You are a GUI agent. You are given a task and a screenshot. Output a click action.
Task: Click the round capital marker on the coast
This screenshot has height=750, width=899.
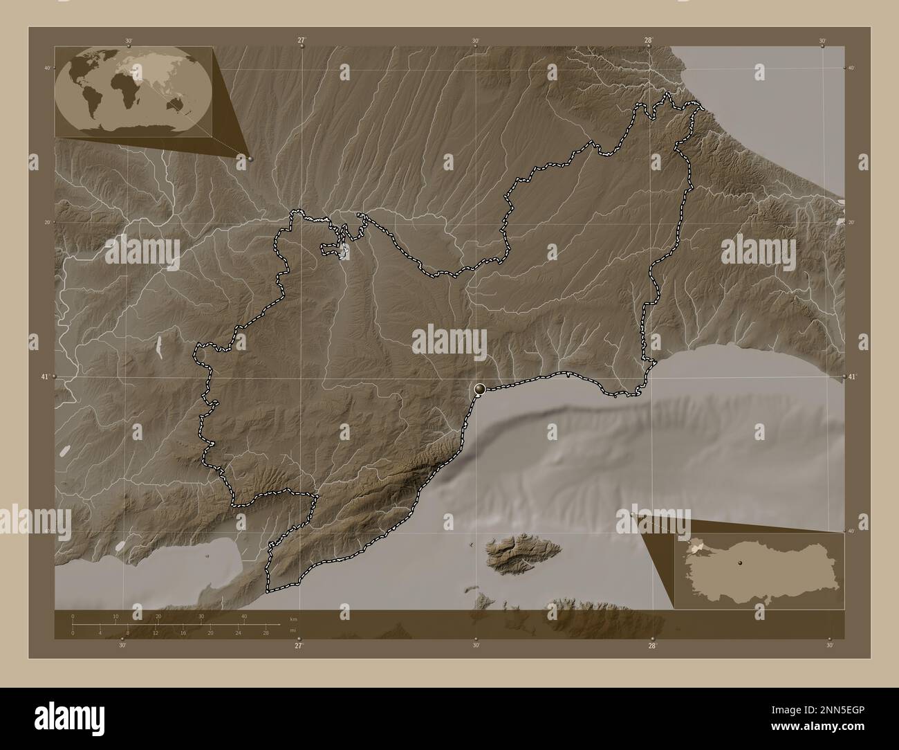pyautogui.click(x=479, y=391)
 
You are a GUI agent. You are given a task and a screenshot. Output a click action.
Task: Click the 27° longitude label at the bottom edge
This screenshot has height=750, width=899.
pyautogui.click(x=299, y=646)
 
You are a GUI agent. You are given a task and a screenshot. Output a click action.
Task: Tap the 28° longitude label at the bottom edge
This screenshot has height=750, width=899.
pyautogui.click(x=652, y=646)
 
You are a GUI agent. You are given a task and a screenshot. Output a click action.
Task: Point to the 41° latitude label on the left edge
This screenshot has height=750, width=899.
pyautogui.click(x=45, y=377)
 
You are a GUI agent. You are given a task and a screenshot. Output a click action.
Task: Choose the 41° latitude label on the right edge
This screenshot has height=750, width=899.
pyautogui.click(x=852, y=376)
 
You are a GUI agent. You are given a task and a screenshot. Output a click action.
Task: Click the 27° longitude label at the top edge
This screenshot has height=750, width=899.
pyautogui.click(x=302, y=40)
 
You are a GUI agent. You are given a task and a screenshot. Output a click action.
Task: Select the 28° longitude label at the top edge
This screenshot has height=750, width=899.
pyautogui.click(x=649, y=40)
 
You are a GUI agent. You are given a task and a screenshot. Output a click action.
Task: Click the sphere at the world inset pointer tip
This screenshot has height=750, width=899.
pyautogui.click(x=250, y=158)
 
